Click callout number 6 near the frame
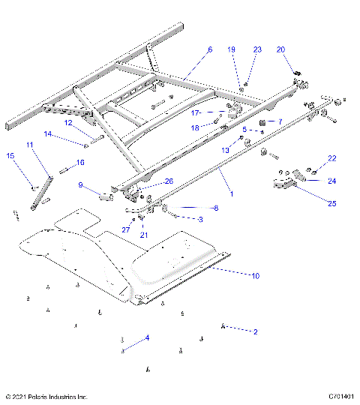click(210, 49)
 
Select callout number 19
click(231, 49)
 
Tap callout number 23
click(257, 49)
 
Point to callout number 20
click(281, 49)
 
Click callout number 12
click(67, 122)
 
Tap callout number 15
click(10, 155)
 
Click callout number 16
click(79, 162)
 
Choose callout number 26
click(169, 181)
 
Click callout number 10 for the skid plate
click(255, 276)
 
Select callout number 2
click(255, 331)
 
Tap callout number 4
click(147, 338)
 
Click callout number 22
click(332, 158)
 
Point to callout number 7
click(279, 121)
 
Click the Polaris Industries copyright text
click(46, 396)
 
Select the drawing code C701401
click(340, 396)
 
